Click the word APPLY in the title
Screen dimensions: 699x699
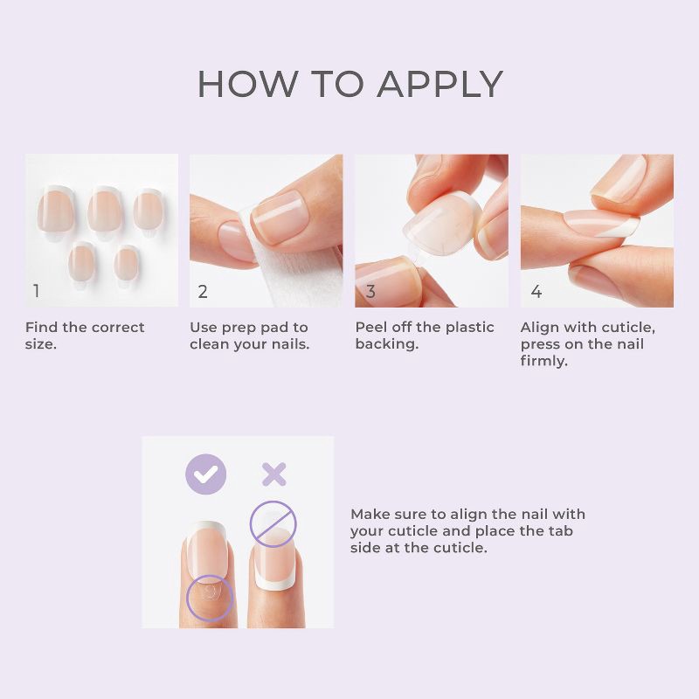click(x=440, y=84)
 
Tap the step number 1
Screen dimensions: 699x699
click(x=36, y=292)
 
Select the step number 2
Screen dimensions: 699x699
click(x=203, y=292)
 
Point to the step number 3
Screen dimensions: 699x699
click(x=370, y=292)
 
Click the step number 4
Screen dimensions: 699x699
click(x=536, y=292)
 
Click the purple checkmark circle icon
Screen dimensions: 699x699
click(x=205, y=474)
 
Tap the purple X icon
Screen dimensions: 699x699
click(x=274, y=474)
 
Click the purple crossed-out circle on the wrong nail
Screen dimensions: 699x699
click(x=273, y=523)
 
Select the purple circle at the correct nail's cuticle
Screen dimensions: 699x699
click(x=210, y=597)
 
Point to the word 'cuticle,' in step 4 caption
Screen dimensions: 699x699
click(x=625, y=328)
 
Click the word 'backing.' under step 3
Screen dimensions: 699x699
click(x=386, y=344)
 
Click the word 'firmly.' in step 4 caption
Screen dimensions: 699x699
click(x=543, y=361)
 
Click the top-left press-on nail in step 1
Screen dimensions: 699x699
click(x=56, y=211)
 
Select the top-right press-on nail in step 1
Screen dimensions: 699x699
click(x=149, y=211)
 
